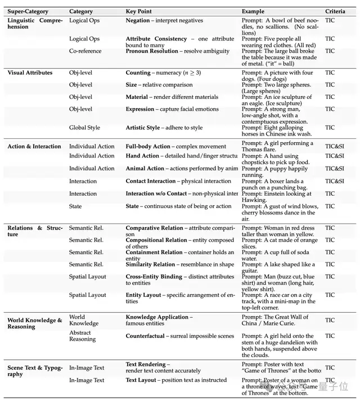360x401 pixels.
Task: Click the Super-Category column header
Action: tap(28, 12)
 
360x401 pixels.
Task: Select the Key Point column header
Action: tap(138, 12)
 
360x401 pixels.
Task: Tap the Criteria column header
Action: tap(335, 12)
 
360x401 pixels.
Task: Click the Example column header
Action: tap(253, 12)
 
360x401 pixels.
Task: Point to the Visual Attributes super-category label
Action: tap(30, 73)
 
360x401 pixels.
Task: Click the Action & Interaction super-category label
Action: tap(34, 147)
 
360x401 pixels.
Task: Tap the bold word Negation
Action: tap(138, 21)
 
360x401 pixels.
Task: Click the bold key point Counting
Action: tap(138, 73)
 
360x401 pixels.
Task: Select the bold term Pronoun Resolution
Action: tap(152, 51)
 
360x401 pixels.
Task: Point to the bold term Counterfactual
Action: tap(145, 336)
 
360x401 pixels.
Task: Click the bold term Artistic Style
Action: tap(143, 128)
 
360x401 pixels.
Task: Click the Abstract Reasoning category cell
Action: tap(83, 336)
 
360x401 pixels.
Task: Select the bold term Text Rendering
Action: tap(146, 364)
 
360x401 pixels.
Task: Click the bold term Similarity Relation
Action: tap(150, 264)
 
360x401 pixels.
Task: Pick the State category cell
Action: tap(75, 206)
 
